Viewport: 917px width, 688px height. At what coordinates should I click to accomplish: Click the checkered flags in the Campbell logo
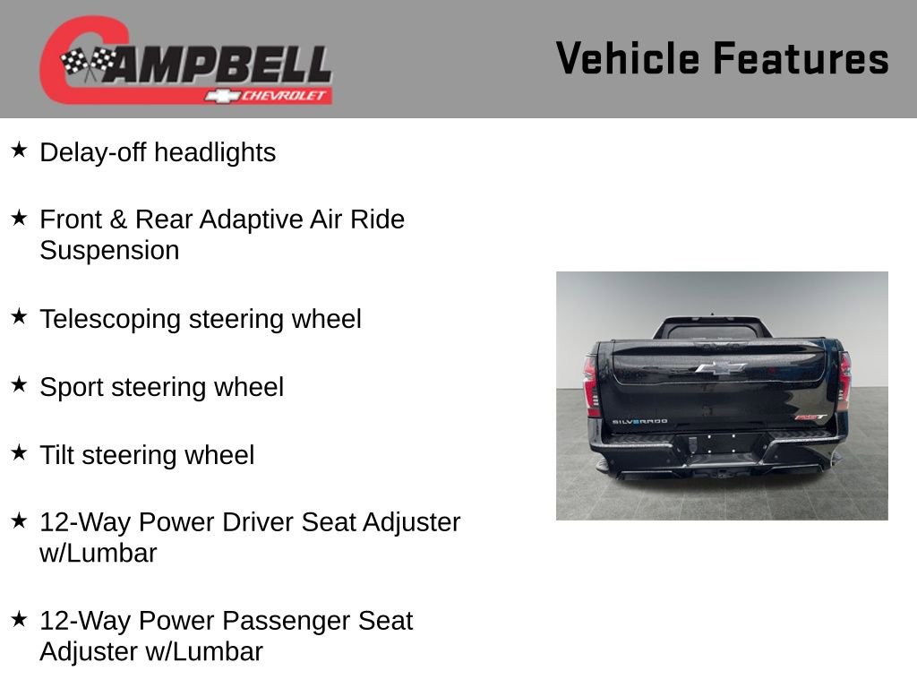click(x=88, y=62)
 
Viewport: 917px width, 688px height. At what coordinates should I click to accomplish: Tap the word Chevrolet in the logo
click(x=285, y=96)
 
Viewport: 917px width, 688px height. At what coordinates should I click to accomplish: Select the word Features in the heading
click(x=801, y=58)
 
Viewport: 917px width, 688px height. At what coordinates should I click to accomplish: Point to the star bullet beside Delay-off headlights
click(x=19, y=150)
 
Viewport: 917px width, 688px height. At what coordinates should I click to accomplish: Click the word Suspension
click(x=109, y=251)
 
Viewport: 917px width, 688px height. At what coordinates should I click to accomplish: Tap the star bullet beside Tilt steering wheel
click(x=19, y=452)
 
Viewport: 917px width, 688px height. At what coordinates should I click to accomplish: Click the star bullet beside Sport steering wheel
click(x=19, y=384)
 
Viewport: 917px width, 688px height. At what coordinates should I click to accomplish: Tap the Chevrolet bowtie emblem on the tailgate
click(x=720, y=367)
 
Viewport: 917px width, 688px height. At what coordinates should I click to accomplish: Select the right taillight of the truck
click(x=844, y=381)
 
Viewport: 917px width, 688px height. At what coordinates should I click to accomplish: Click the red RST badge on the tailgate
click(x=810, y=417)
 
